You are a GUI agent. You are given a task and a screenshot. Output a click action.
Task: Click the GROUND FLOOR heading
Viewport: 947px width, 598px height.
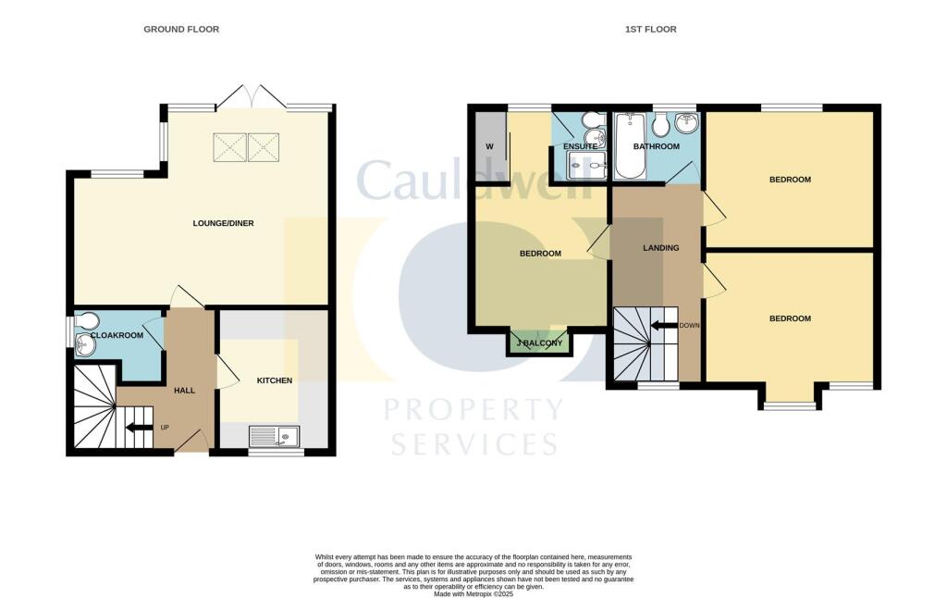(181, 30)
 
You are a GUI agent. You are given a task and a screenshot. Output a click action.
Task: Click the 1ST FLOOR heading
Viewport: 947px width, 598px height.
(650, 30)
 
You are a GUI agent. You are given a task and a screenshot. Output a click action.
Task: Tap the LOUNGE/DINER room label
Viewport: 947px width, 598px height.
(223, 223)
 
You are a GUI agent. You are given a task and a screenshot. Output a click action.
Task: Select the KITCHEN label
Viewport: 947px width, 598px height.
(274, 380)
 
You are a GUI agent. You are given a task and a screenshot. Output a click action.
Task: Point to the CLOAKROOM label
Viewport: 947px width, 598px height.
(117, 335)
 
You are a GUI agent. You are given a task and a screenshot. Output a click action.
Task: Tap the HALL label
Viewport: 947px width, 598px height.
(185, 391)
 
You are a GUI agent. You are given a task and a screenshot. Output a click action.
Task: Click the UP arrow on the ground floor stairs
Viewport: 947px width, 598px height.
(139, 428)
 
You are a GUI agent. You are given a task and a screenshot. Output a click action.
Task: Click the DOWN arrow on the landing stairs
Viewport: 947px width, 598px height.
(663, 325)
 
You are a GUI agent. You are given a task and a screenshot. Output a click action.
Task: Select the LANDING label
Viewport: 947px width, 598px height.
(660, 248)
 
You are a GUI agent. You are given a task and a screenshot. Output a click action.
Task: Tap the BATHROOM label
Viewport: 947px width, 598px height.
(656, 147)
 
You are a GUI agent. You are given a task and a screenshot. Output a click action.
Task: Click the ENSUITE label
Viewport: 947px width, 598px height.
(580, 147)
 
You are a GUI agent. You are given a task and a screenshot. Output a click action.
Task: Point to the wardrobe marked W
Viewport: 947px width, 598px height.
(490, 146)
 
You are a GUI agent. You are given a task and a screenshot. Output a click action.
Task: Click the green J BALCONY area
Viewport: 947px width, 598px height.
(538, 343)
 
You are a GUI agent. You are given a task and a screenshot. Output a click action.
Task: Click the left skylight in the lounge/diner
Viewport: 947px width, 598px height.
(229, 146)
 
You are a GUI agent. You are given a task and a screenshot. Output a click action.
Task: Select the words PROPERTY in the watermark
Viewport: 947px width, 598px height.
(473, 408)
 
